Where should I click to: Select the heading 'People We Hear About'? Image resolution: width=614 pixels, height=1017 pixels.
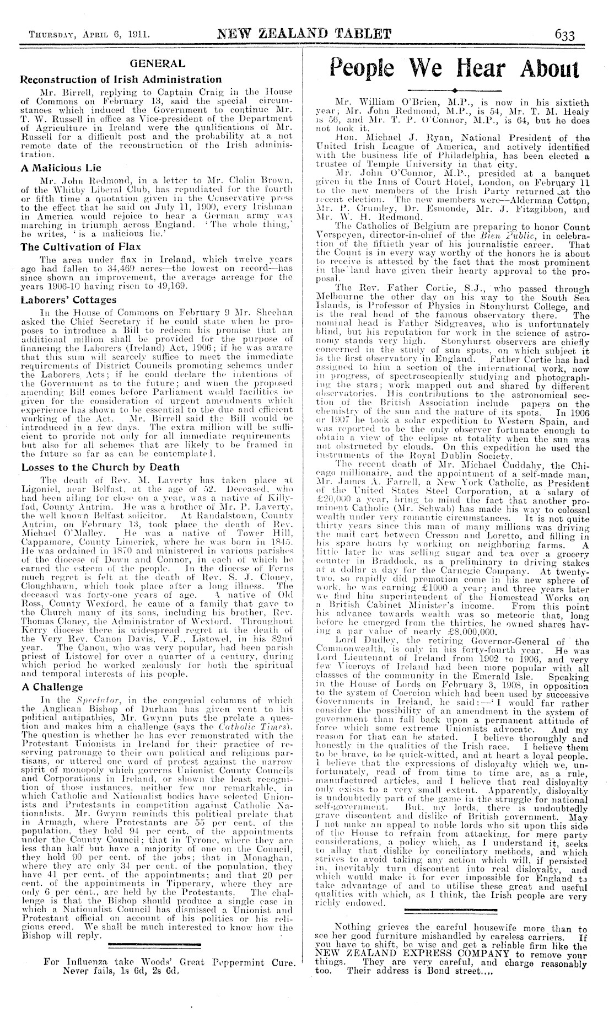[x=454, y=69]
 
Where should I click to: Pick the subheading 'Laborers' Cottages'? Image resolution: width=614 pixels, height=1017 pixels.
[x=69, y=301]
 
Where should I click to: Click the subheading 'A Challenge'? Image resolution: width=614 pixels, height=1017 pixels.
[x=52, y=687]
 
